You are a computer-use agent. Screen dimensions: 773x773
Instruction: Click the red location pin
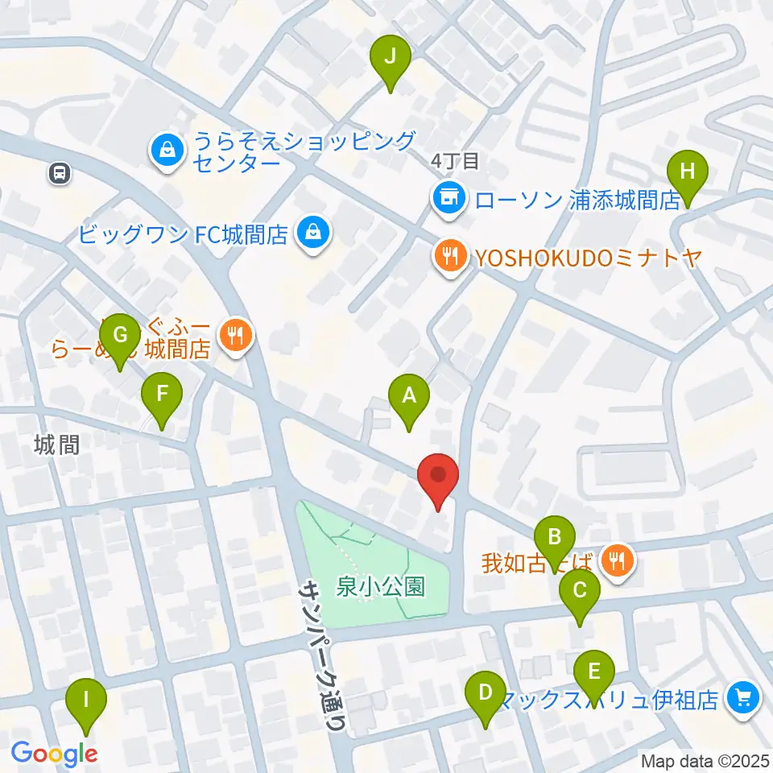tap(438, 477)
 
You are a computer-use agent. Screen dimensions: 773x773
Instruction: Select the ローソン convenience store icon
tap(447, 197)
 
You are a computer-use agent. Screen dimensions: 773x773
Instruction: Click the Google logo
tap(54, 754)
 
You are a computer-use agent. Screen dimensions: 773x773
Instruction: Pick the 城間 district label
tap(57, 444)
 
